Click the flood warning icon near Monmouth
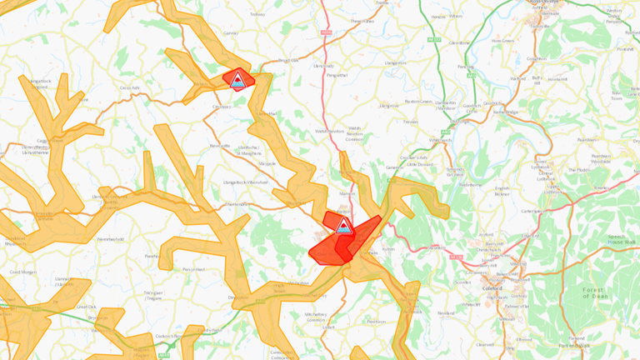click(x=343, y=227)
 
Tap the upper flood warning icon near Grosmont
click(x=238, y=79)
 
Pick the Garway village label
click(x=231, y=33)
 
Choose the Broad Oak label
click(x=287, y=61)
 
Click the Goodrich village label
click(x=472, y=107)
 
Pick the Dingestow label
click(x=239, y=297)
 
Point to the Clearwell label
click(x=485, y=343)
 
